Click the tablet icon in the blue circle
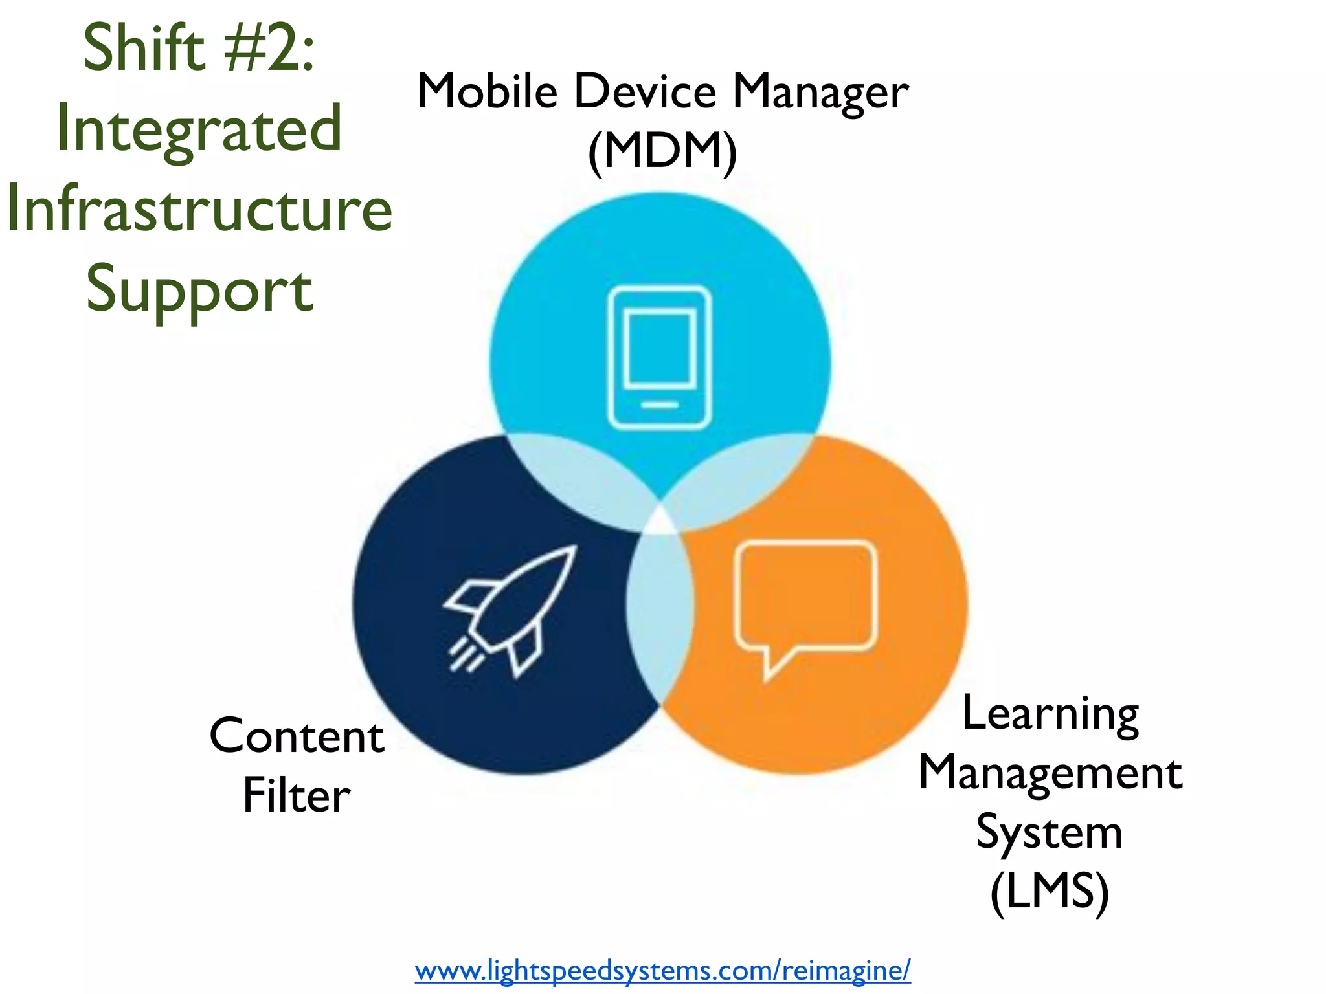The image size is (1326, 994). (659, 357)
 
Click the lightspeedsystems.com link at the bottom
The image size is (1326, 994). (662, 970)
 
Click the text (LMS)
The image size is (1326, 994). (1050, 892)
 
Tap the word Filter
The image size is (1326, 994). (297, 795)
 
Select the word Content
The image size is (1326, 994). (297, 736)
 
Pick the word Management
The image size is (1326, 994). (1050, 773)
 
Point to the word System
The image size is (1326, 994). (1050, 832)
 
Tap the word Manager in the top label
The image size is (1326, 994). (820, 92)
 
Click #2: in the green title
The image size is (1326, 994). (269, 48)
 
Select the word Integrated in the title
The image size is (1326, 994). (199, 129)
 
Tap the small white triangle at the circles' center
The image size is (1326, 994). (660, 522)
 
